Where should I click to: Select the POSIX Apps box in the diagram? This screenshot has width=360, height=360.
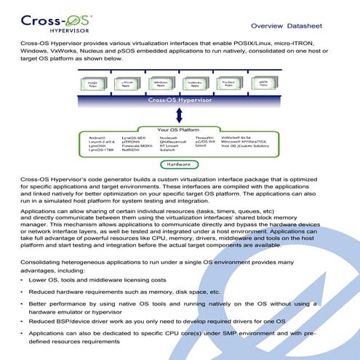point(92,84)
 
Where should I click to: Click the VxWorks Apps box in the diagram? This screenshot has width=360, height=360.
point(195,84)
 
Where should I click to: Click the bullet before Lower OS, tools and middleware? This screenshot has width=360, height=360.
point(23,279)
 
